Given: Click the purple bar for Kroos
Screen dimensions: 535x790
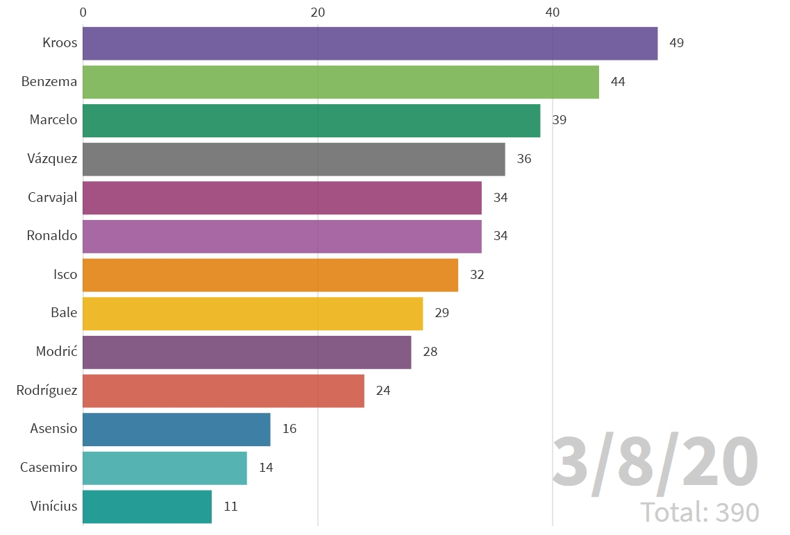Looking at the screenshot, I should click(370, 44).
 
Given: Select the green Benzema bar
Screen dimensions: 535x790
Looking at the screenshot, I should click(341, 82).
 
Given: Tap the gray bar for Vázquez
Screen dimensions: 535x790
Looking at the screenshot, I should click(294, 159).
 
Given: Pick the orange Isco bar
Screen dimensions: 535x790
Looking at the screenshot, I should click(270, 275).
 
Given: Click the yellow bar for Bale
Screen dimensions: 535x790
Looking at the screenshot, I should click(253, 313).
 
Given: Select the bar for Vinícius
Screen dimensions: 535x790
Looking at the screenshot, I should click(147, 507).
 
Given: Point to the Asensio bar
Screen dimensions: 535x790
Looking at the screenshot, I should click(176, 429).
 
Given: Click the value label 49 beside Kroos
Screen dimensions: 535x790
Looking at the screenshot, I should click(676, 43).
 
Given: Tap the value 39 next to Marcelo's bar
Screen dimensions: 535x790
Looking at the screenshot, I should click(559, 120).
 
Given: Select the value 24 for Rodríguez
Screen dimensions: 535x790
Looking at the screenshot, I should click(383, 391).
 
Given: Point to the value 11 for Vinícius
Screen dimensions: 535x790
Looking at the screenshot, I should click(230, 507).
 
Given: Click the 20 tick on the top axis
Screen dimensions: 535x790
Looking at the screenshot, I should click(318, 12).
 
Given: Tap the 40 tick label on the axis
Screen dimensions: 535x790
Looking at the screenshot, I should click(553, 12).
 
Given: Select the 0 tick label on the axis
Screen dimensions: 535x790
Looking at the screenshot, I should click(83, 12).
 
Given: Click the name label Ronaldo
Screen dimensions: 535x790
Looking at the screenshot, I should click(52, 236).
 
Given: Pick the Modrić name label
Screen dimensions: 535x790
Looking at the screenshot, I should click(56, 352).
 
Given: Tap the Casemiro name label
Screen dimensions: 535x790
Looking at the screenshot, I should click(49, 468).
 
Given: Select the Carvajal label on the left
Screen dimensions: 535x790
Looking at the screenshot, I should click(53, 198).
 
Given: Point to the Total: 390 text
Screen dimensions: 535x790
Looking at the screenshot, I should click(699, 513).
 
